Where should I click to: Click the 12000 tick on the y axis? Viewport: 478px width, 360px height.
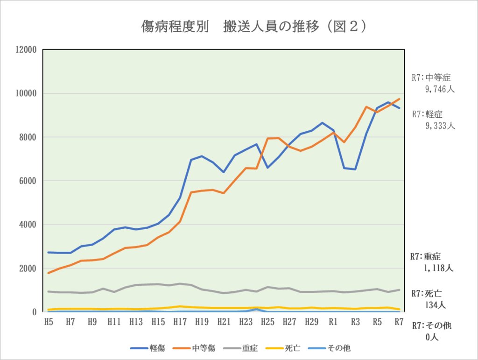pyautogui.click(x=27, y=49)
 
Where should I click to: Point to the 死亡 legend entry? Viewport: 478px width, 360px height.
pyautogui.click(x=286, y=348)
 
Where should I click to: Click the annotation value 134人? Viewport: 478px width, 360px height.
pyautogui.click(x=436, y=305)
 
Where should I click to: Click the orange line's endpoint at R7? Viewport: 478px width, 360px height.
pyautogui.click(x=399, y=99)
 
